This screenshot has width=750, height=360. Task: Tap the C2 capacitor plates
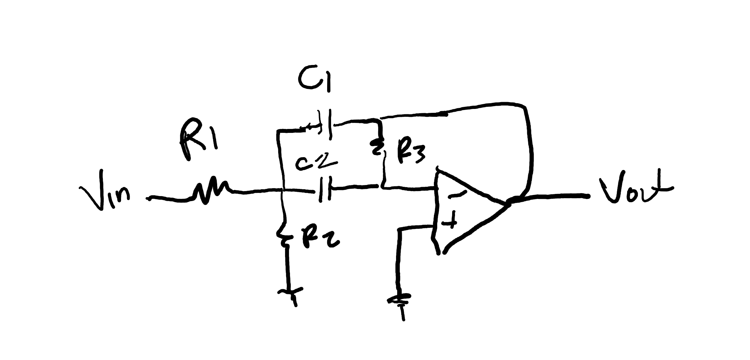(325, 189)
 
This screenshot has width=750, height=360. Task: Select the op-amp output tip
(509, 203)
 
